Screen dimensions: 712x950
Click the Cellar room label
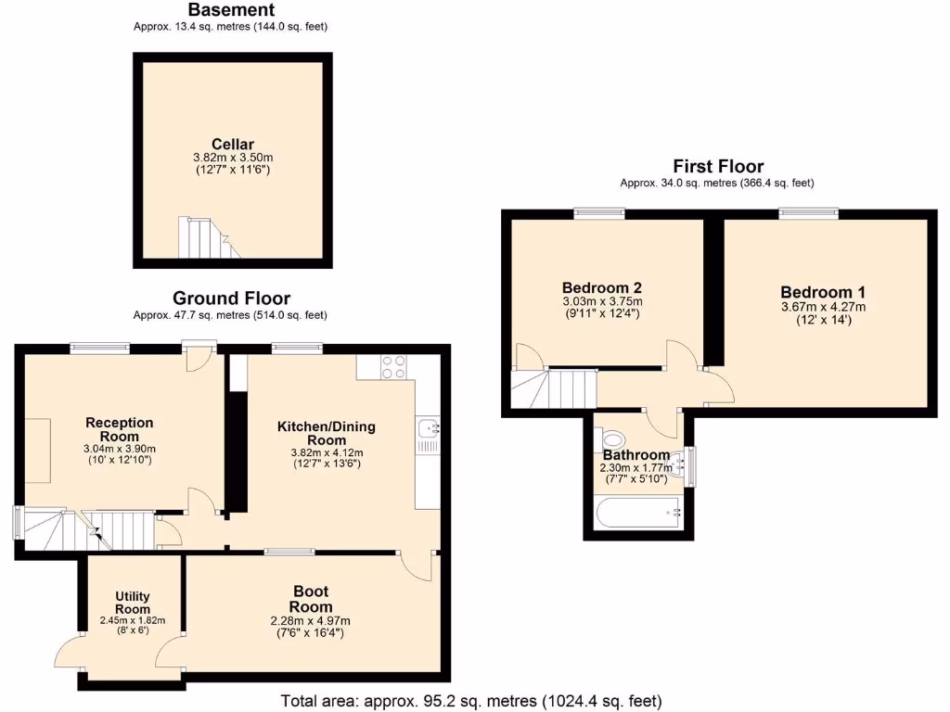[232, 144]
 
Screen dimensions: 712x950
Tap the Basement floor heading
[231, 10]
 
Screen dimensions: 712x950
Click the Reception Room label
[119, 429]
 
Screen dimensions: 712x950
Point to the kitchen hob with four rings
[393, 367]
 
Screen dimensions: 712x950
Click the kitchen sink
[427, 428]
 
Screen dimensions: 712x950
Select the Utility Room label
[133, 603]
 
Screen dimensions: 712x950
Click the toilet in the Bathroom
[614, 438]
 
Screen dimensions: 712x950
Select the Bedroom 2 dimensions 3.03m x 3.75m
[602, 301]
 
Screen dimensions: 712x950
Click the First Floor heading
[718, 167]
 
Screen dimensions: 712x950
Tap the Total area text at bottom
[471, 701]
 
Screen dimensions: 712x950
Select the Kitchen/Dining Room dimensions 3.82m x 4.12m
[327, 452]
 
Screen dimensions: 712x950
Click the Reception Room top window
[99, 349]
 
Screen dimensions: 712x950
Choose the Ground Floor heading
[231, 299]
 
